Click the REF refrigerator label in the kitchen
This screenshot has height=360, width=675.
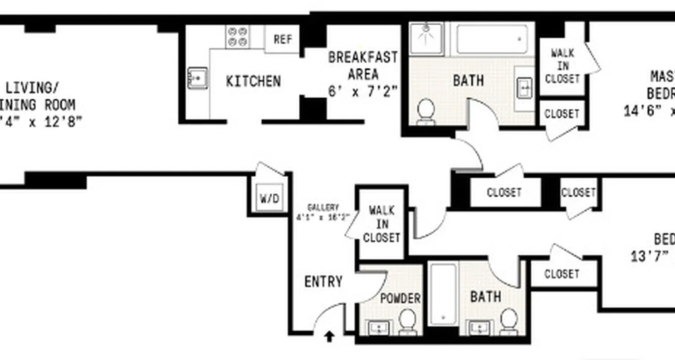click(x=283, y=39)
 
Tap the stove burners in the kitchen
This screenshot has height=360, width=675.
click(x=238, y=36)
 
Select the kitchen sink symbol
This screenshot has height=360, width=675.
click(x=197, y=78)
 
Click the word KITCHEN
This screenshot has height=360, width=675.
click(x=253, y=81)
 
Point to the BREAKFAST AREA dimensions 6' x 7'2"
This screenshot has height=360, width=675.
click(x=363, y=91)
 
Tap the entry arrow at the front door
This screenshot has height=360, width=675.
click(x=330, y=336)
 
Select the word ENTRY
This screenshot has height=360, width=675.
click(x=324, y=282)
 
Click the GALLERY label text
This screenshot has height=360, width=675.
click(x=323, y=208)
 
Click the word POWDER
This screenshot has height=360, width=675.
click(x=400, y=298)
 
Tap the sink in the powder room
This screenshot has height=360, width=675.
click(x=379, y=328)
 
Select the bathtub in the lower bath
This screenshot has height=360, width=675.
click(x=442, y=293)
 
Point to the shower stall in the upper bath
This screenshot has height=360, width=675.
click(x=426, y=38)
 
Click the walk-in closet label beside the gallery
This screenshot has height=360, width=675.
click(x=382, y=224)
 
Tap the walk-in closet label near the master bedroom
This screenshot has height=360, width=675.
click(x=562, y=66)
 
